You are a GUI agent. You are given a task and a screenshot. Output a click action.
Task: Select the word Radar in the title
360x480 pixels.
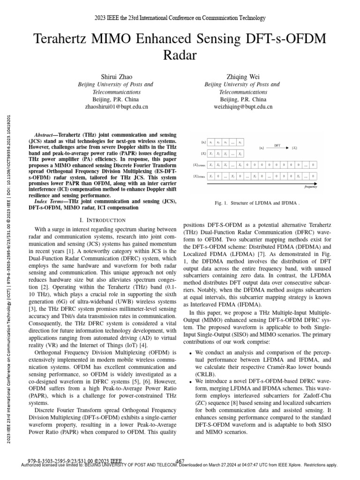[x=180, y=56]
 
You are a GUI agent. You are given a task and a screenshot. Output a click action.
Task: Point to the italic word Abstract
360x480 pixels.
[x=46, y=134]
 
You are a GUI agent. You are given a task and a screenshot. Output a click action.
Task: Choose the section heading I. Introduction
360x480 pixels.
[x=102, y=220]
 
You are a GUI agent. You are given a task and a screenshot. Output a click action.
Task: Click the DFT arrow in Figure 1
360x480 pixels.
[x=277, y=149]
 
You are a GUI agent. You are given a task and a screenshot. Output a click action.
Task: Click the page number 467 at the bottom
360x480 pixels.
[x=180, y=461]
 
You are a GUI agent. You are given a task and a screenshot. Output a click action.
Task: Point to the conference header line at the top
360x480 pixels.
[x=180, y=18]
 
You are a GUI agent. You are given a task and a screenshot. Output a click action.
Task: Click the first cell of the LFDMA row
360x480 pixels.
[x=212, y=165]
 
